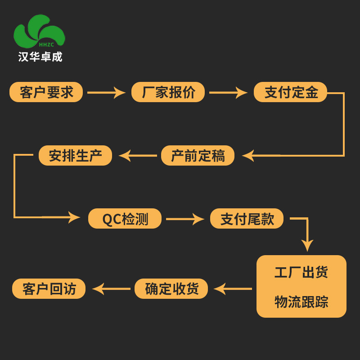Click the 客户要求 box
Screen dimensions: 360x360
(46, 92)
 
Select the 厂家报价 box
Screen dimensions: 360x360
(168, 92)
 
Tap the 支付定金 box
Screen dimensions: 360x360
(290, 92)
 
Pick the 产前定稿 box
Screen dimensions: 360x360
(198, 156)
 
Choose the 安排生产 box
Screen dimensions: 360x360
(75, 156)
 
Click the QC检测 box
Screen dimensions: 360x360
(125, 219)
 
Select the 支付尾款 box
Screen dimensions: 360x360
(247, 219)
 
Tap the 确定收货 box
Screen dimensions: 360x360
(171, 289)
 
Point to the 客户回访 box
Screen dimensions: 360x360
(49, 289)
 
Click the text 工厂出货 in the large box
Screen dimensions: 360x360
(301, 272)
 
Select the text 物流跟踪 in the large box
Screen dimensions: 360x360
(301, 301)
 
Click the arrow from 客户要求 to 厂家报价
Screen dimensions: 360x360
(106, 93)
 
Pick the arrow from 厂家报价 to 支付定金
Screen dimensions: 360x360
(228, 93)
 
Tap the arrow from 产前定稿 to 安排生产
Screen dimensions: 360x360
(138, 156)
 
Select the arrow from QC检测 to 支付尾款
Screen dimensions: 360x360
(185, 219)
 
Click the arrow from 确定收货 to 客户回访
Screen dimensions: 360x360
(111, 289)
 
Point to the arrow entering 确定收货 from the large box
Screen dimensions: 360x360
(232, 289)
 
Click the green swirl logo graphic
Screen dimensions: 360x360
(39, 31)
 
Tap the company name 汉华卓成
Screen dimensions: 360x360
(40, 57)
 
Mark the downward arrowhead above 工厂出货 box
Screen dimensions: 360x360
(307, 245)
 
